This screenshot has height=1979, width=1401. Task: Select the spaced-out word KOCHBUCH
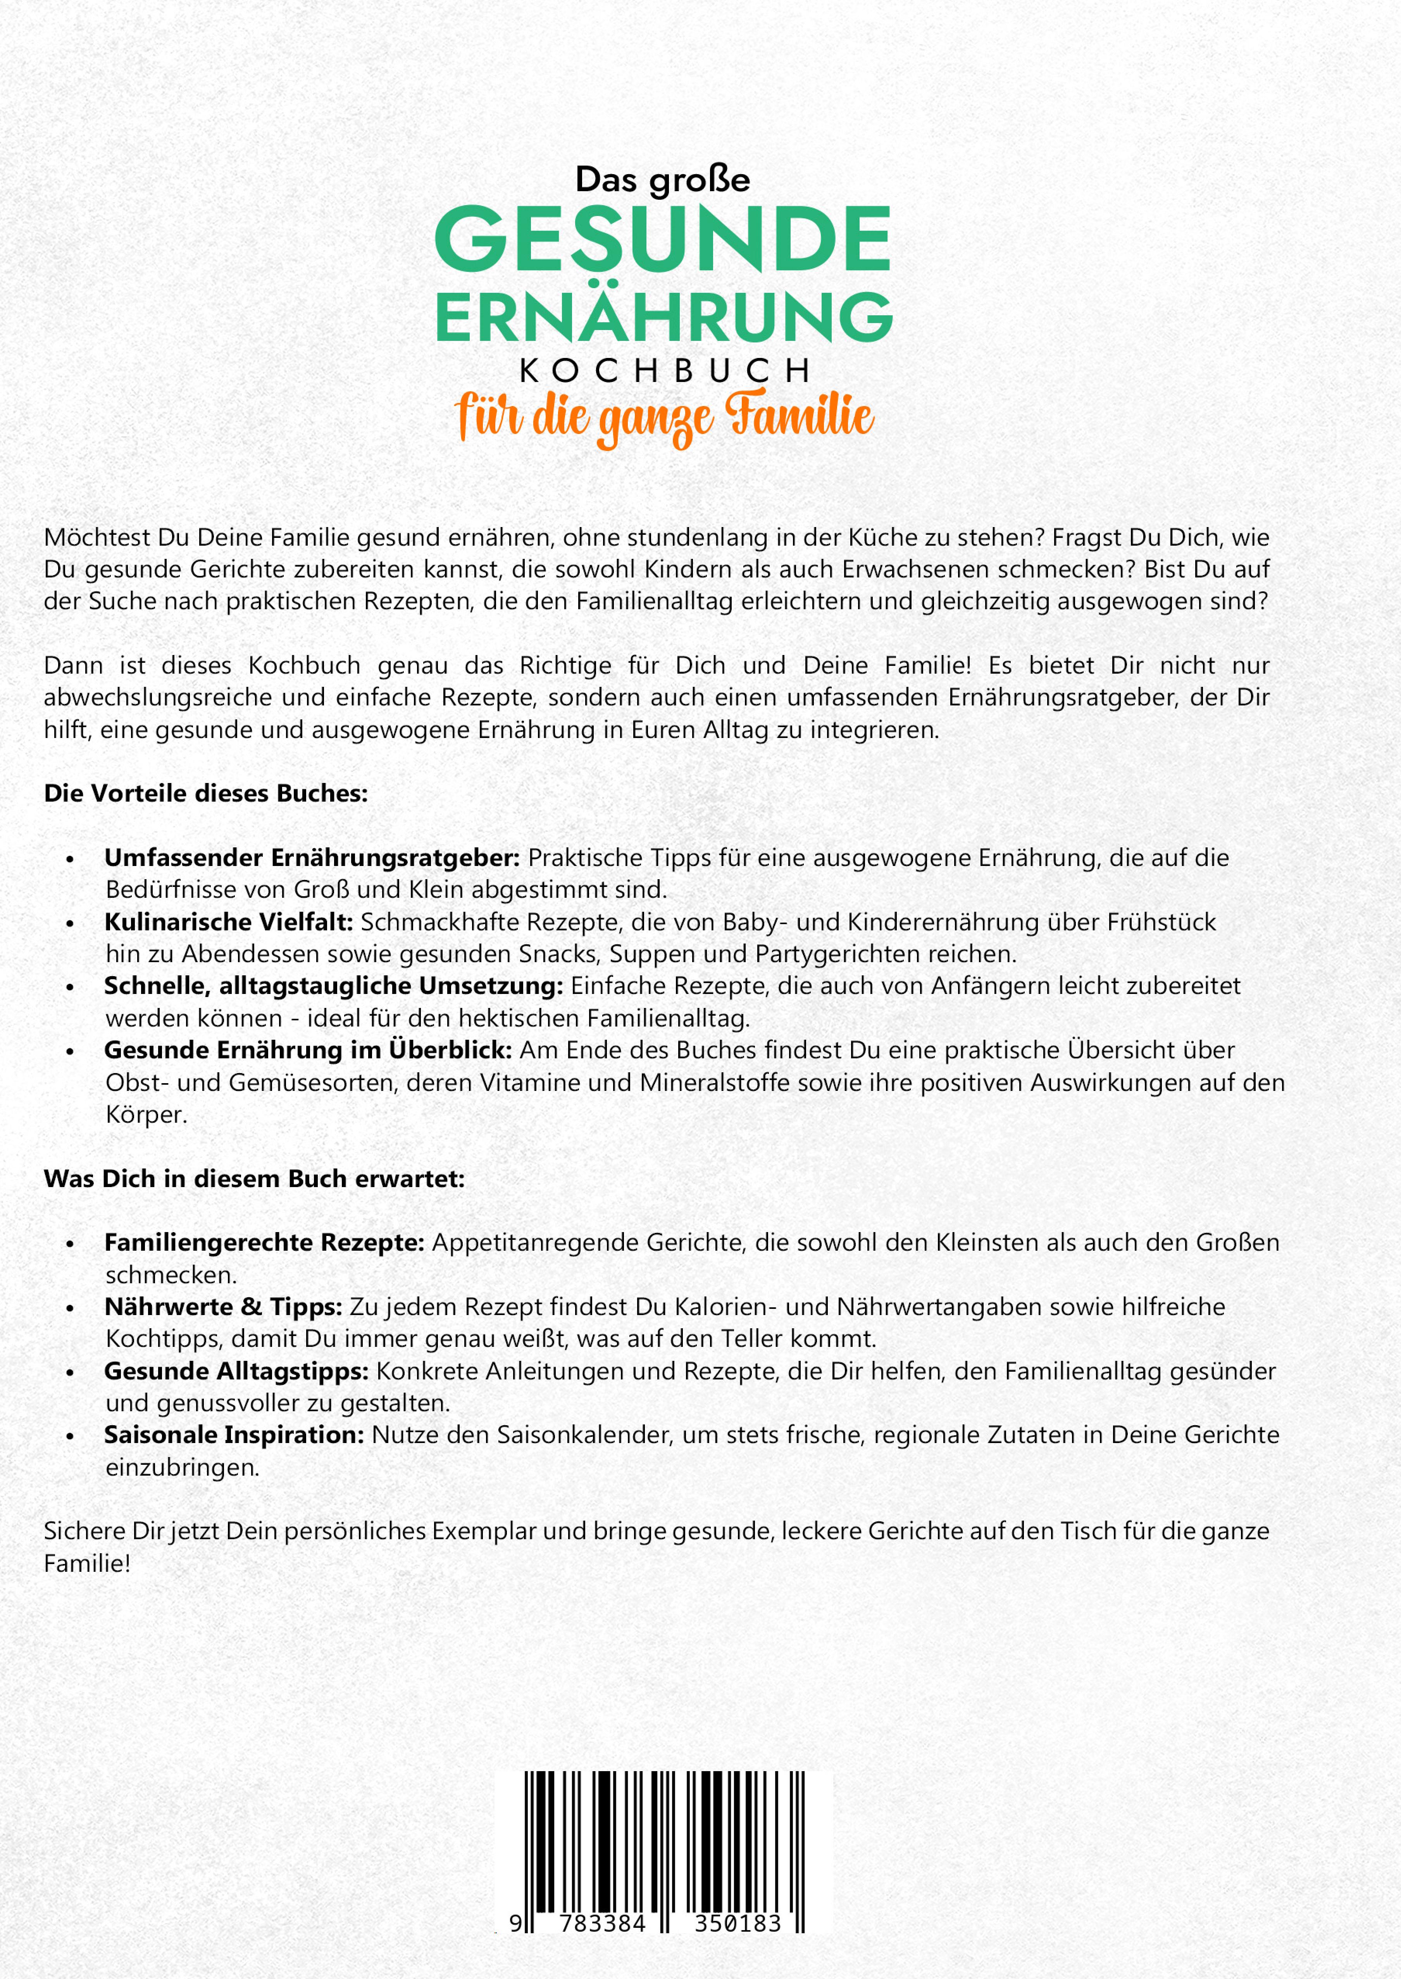pyautogui.click(x=664, y=371)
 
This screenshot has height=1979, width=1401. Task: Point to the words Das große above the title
pyautogui.click(x=663, y=180)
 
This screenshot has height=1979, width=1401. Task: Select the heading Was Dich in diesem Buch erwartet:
pyautogui.click(x=255, y=1179)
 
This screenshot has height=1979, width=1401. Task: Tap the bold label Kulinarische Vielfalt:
pyautogui.click(x=229, y=922)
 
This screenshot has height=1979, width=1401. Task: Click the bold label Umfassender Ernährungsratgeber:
pyautogui.click(x=312, y=858)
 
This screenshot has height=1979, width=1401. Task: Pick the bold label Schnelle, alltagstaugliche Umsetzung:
pyautogui.click(x=333, y=985)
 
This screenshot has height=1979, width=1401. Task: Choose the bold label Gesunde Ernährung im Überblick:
pyautogui.click(x=308, y=1050)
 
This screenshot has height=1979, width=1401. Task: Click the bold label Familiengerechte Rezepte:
pyautogui.click(x=264, y=1243)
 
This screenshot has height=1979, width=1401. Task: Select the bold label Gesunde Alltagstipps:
pyautogui.click(x=236, y=1371)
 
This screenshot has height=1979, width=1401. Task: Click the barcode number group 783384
pyautogui.click(x=602, y=1924)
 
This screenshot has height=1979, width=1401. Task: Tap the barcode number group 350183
pyautogui.click(x=738, y=1924)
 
